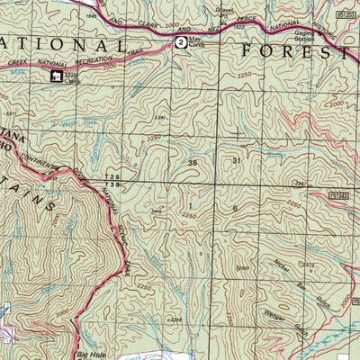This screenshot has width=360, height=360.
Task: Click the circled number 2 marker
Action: pos(182,41)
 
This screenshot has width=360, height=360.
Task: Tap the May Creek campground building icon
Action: pos(56,77)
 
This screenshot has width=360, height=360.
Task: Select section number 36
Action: pos(192,161)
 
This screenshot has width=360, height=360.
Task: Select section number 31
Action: pos(236,161)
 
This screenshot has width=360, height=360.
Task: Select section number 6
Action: pos(235,208)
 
